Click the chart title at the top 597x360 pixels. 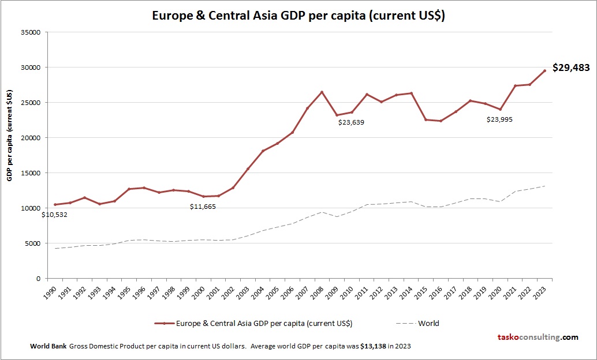point(298,16)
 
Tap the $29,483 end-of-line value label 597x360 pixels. point(571,67)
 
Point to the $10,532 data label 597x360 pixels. point(54,215)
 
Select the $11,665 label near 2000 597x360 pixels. point(203,207)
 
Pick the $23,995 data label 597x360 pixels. point(499,119)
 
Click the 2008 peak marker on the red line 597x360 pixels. point(322,92)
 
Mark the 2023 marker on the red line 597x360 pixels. point(544,71)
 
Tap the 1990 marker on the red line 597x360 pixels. point(55,204)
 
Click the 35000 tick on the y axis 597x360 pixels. point(29,32)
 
